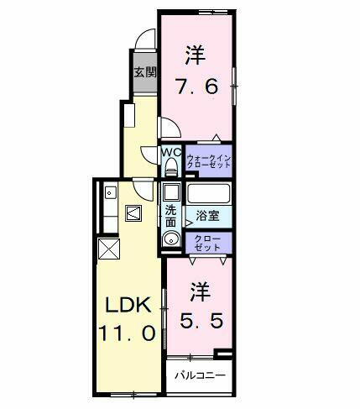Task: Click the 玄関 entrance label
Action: pyautogui.click(x=143, y=72)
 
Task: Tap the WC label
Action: pyautogui.click(x=171, y=152)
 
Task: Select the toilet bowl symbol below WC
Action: pyautogui.click(x=172, y=166)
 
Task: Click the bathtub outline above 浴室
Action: pyautogui.click(x=208, y=192)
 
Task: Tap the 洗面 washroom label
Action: pyautogui.click(x=171, y=216)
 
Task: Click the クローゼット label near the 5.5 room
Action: pyautogui.click(x=208, y=244)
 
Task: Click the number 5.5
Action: pyautogui.click(x=201, y=321)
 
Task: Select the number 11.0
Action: pyautogui.click(x=126, y=333)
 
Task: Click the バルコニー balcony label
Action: pyautogui.click(x=200, y=375)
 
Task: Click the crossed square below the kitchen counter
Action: pyautogui.click(x=108, y=249)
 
